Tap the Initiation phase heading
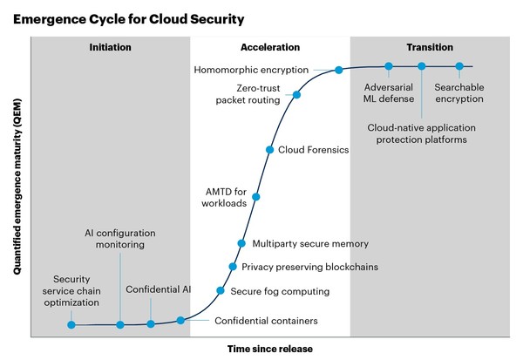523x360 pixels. click(x=110, y=47)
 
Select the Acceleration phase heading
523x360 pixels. click(x=269, y=47)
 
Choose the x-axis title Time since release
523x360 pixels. click(x=269, y=349)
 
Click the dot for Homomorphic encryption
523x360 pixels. click(x=338, y=70)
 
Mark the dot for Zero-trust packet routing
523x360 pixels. click(x=296, y=95)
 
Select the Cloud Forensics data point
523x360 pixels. click(x=268, y=150)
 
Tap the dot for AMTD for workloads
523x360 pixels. click(x=255, y=197)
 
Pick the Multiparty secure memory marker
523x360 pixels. click(x=241, y=243)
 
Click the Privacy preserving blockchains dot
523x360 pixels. click(x=233, y=267)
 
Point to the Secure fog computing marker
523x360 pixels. click(x=220, y=290)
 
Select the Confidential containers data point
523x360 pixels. click(x=180, y=321)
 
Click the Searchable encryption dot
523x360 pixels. click(x=459, y=66)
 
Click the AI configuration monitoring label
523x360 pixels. click(x=120, y=240)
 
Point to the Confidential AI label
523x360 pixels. click(x=158, y=289)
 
